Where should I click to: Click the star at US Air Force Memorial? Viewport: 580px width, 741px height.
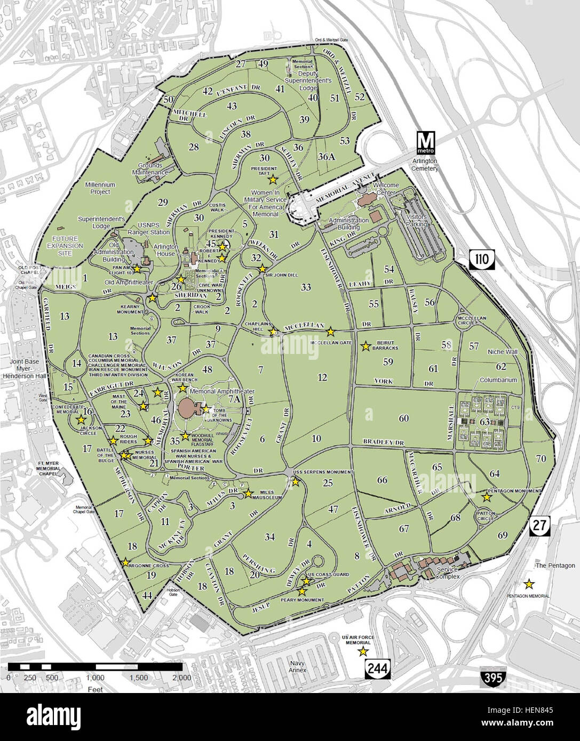(x=363, y=651)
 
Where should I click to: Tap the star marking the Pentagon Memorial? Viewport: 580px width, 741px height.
(x=529, y=583)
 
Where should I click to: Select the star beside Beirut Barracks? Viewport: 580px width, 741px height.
(x=366, y=347)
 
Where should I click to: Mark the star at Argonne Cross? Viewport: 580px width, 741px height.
(x=125, y=562)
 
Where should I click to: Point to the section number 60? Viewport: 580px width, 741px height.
(x=403, y=418)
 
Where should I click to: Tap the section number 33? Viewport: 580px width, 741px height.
(x=305, y=287)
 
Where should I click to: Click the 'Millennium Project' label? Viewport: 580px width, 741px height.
(x=97, y=188)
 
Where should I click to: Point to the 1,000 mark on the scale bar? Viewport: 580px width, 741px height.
(x=95, y=678)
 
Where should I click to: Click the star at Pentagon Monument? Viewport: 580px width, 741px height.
(x=487, y=497)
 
